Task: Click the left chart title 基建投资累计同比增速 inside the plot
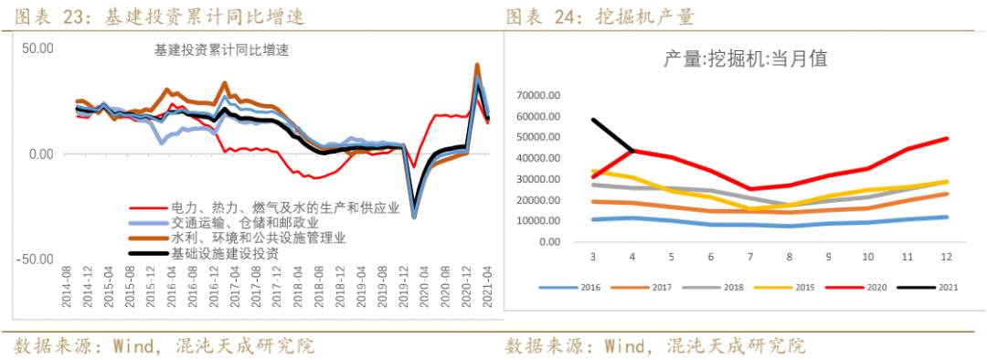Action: click(221, 51)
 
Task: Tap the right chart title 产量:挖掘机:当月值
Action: click(745, 59)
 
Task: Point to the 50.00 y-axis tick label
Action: click(37, 48)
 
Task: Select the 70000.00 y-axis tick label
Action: click(538, 95)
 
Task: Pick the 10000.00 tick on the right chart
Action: click(538, 221)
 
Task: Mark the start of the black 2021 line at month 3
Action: click(594, 120)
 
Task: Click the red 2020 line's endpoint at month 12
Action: click(947, 139)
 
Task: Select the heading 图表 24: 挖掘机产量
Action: click(599, 16)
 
